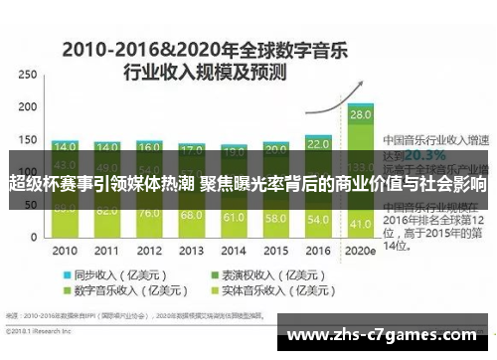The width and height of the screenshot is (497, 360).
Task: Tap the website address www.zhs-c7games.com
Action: coord(387,335)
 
